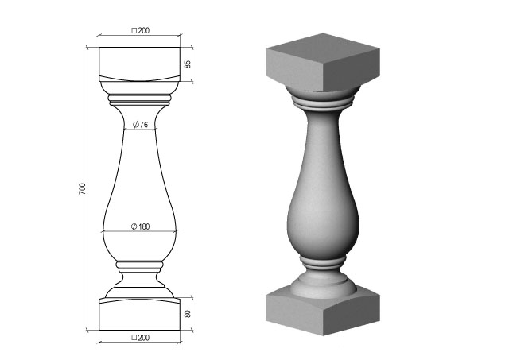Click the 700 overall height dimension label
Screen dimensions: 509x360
83,189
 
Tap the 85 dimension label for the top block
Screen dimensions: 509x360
188,64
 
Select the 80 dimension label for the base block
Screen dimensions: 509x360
188,314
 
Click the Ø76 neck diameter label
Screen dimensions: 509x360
140,125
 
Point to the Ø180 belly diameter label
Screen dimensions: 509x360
140,226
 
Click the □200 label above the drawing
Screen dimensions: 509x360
140,30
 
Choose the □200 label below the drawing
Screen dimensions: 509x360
140,338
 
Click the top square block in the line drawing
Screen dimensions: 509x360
140,64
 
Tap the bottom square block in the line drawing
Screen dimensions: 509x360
140,314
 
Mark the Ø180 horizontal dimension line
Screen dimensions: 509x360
140,231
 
